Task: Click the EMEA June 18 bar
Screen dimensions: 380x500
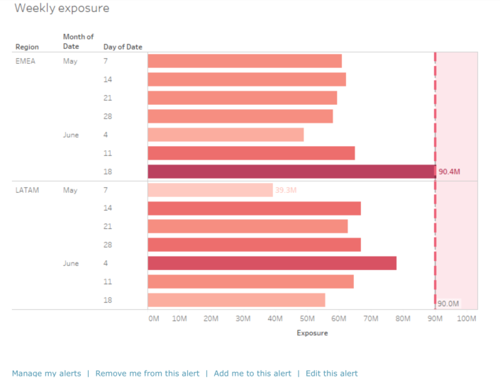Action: pyautogui.click(x=291, y=172)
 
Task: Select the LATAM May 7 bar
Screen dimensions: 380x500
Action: pyautogui.click(x=210, y=190)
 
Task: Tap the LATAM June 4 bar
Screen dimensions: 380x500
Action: pyautogui.click(x=272, y=263)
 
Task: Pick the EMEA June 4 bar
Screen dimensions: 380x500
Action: pyautogui.click(x=226, y=135)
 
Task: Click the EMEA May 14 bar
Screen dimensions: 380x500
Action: pyautogui.click(x=247, y=79)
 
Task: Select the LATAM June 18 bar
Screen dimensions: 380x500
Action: pyautogui.click(x=236, y=300)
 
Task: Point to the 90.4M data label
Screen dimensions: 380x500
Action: pyautogui.click(x=449, y=172)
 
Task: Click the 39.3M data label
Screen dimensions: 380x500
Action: pyautogui.click(x=286, y=190)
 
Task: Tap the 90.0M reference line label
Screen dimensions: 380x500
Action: pyautogui.click(x=448, y=303)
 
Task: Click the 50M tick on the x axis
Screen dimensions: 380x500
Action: pyautogui.click(x=307, y=319)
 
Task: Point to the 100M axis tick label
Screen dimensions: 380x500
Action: pyautogui.click(x=467, y=319)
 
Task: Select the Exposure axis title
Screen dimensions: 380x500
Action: pyautogui.click(x=312, y=333)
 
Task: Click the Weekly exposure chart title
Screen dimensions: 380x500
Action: pyautogui.click(x=62, y=9)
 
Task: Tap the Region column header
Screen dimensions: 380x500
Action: pyautogui.click(x=27, y=47)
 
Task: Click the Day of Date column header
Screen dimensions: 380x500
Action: pyautogui.click(x=123, y=47)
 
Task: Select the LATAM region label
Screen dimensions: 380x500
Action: pyautogui.click(x=27, y=190)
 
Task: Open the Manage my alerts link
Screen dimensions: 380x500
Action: pyautogui.click(x=46, y=374)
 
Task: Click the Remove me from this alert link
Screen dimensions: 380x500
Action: pyautogui.click(x=148, y=374)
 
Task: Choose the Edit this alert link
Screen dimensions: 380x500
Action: pyautogui.click(x=331, y=374)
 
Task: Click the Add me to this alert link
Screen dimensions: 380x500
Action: pyautogui.click(x=252, y=374)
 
